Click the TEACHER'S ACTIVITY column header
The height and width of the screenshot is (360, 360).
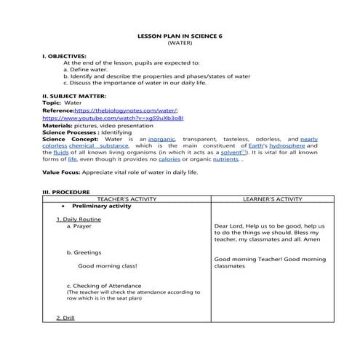click(126, 199)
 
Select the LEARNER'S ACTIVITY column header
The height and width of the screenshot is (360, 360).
click(270, 199)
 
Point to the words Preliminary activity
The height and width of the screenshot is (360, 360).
click(101, 207)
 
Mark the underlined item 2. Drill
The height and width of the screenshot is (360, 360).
click(69, 318)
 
